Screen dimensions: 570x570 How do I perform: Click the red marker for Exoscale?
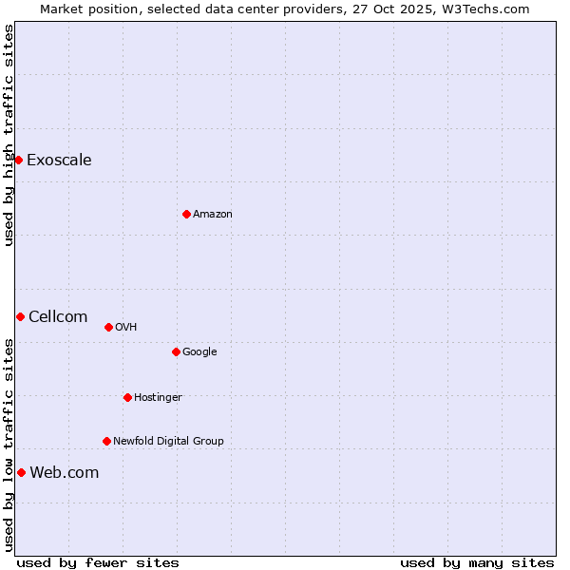[18, 160]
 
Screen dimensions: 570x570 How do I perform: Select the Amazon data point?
[186, 214]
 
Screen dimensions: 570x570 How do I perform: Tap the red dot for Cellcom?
[20, 316]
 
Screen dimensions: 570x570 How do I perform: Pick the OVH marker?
[108, 327]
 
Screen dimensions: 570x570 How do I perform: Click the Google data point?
[176, 351]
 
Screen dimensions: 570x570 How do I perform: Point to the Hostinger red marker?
[127, 397]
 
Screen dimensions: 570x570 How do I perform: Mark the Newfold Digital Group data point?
[106, 441]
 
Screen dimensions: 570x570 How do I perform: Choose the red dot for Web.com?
[21, 472]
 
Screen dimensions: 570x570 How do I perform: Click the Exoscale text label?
[59, 160]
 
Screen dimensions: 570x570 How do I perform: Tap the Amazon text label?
[213, 214]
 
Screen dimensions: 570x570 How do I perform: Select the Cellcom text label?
[58, 316]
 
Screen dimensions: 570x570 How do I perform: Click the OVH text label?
[126, 327]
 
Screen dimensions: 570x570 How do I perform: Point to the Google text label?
[199, 351]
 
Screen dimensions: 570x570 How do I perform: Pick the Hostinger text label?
[158, 397]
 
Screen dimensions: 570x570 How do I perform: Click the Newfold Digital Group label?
[168, 441]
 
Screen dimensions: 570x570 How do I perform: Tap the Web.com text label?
[65, 472]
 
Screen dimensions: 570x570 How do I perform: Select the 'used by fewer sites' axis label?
[98, 562]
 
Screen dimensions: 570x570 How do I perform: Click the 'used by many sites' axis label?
[477, 562]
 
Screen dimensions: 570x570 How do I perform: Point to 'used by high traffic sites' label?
[9, 135]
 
